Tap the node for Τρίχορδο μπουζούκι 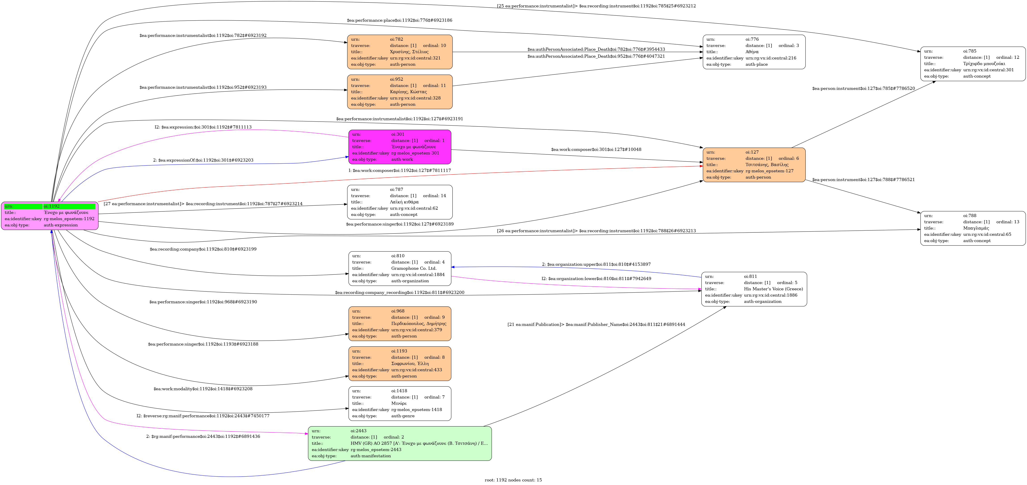tap(972, 64)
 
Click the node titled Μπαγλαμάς tap(972, 228)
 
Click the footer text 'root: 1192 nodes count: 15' tap(513, 480)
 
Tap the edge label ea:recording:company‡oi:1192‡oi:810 tap(203, 249)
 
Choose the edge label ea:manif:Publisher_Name tap(596, 324)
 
